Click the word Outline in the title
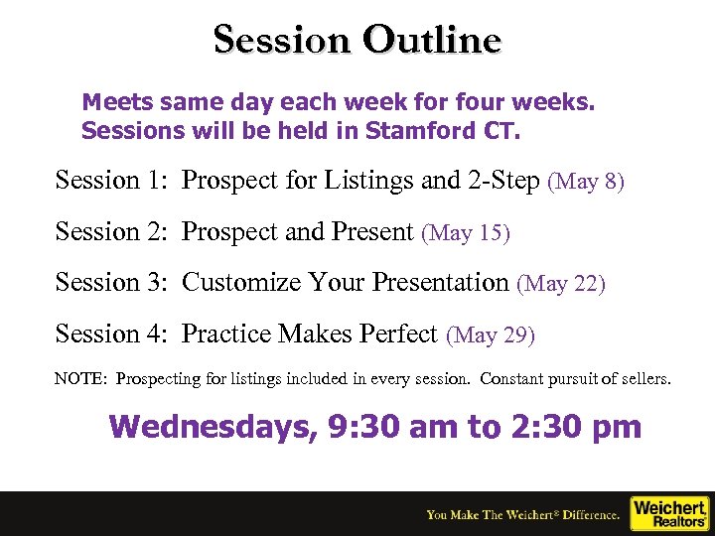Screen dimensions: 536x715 click(x=432, y=40)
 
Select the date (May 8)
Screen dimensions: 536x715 click(x=586, y=182)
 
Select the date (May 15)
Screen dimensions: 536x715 click(x=466, y=233)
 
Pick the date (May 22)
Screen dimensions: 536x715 click(x=561, y=284)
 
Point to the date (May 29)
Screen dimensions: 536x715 click(x=491, y=335)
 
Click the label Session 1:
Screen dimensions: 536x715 click(x=111, y=181)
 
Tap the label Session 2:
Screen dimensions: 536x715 click(x=111, y=232)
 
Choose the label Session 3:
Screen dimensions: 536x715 click(x=111, y=283)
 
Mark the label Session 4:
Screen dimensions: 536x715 click(x=111, y=335)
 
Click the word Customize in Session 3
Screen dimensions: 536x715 click(x=241, y=283)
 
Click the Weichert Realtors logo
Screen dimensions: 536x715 click(x=670, y=513)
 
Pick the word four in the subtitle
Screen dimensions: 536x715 click(x=482, y=101)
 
